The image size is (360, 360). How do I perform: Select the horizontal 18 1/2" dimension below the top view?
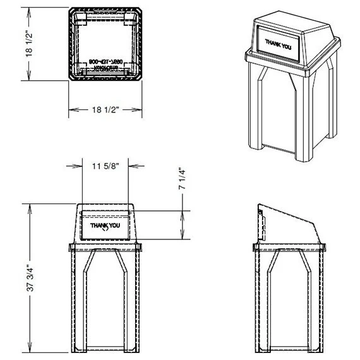105,110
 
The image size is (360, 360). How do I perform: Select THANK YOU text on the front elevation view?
105,225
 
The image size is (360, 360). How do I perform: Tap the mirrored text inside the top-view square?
105,66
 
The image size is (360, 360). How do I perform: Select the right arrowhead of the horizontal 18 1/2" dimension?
138,110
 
